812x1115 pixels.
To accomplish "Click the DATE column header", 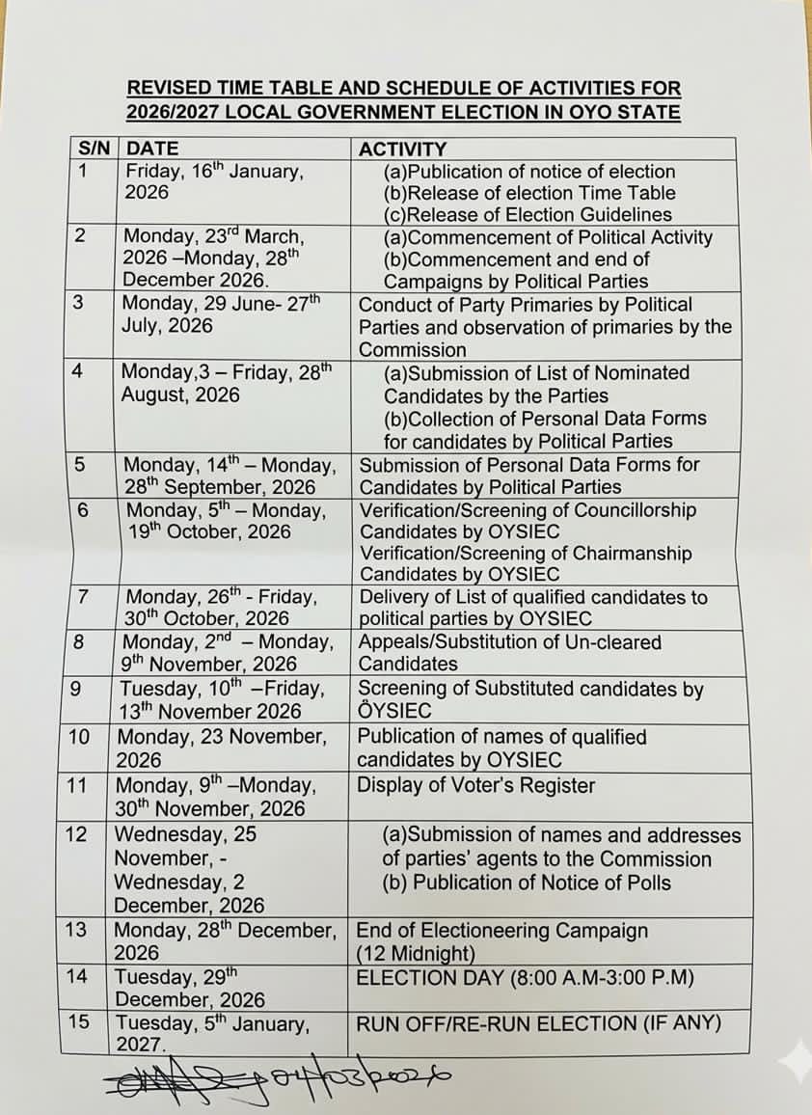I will point(153,149).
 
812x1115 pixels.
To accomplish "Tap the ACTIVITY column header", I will point(402,149).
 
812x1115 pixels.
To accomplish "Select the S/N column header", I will point(95,149).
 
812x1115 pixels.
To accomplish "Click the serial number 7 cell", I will point(84,597).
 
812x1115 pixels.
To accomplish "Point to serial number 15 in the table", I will point(78,1020).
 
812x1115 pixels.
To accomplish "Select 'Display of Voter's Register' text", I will point(476,785).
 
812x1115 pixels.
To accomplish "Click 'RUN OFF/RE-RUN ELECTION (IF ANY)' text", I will point(538,1023).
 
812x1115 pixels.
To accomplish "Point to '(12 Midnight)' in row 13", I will point(416,954).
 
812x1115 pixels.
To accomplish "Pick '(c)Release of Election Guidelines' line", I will point(528,215).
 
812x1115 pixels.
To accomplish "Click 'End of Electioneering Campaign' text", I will point(501,931).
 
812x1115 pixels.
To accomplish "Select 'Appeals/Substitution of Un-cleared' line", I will point(509,641).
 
